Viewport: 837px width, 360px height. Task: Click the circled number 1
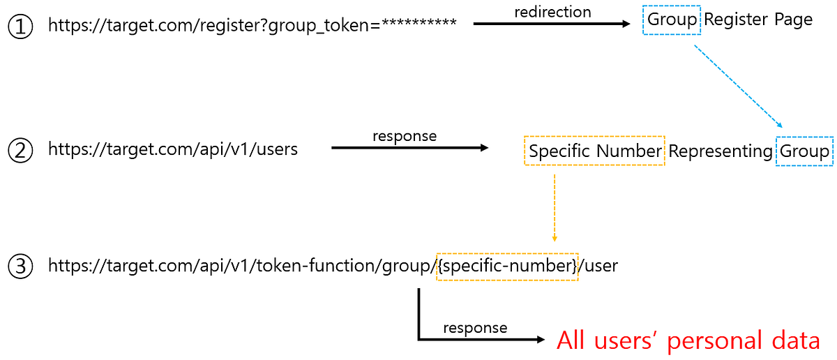pos(20,27)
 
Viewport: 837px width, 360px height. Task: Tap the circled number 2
pos(20,150)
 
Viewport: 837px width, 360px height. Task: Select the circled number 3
pos(20,267)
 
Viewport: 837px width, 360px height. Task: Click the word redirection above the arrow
pos(552,12)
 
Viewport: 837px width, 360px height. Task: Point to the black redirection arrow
pos(552,24)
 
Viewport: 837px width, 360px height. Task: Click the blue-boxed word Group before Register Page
pos(672,20)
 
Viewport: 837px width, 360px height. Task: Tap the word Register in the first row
pos(736,20)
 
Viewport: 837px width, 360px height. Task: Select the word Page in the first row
pos(793,20)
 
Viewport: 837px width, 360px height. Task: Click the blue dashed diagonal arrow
pos(739,87)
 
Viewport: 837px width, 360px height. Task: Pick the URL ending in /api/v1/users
pos(173,149)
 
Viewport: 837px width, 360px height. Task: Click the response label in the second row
pos(405,136)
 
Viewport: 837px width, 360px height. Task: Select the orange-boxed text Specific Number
pos(594,151)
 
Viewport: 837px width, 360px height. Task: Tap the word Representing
pos(721,151)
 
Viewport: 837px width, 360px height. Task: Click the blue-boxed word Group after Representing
pos(804,151)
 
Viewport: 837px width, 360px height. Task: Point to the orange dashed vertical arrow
pos(555,208)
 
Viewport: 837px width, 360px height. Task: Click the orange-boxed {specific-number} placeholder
pos(507,267)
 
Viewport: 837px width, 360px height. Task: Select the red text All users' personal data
pos(688,340)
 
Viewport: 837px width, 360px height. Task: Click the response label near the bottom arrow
pos(475,328)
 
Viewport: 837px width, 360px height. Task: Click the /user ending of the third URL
pos(598,266)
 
